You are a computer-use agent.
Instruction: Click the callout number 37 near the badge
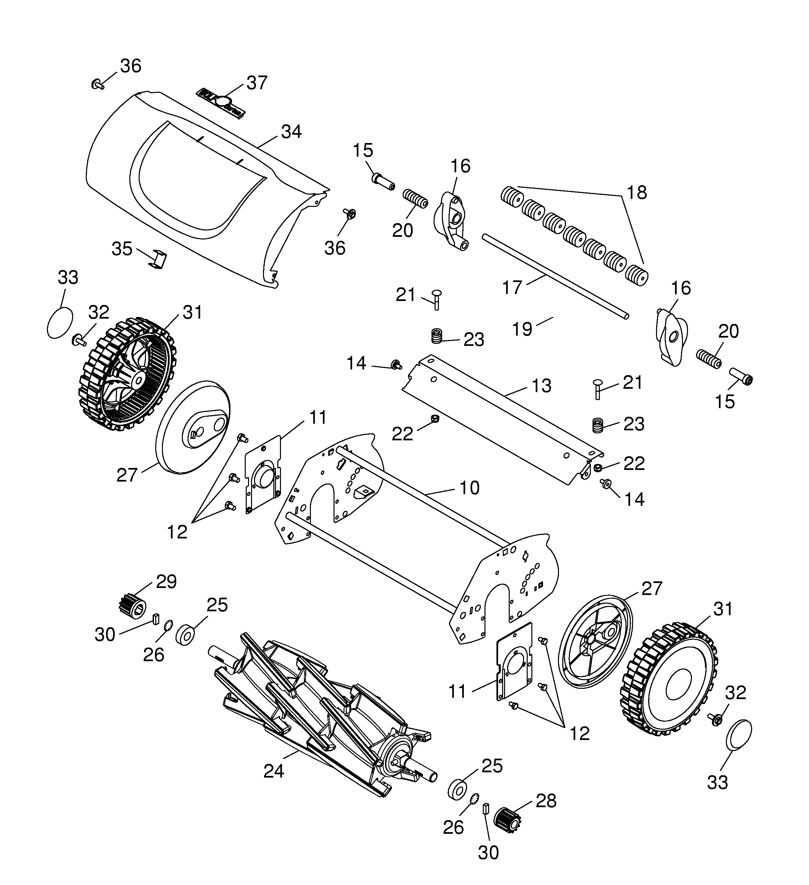(x=257, y=82)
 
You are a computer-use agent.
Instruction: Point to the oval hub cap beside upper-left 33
(x=60, y=323)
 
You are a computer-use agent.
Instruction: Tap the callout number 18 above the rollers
(x=636, y=192)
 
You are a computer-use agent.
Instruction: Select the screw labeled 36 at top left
(x=97, y=84)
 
